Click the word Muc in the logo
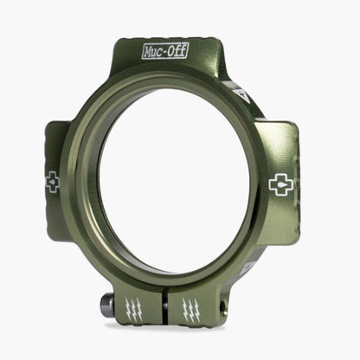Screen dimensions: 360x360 click(153, 52)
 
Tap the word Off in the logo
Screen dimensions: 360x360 click(176, 51)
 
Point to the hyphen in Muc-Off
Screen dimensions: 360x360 click(164, 52)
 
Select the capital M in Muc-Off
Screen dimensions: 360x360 click(148, 52)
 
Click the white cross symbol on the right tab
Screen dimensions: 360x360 click(280, 184)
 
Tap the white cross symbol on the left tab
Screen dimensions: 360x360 click(52, 182)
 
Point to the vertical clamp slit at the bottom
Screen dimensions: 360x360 click(165, 307)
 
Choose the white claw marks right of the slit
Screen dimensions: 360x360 click(190, 310)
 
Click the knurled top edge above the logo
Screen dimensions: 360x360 click(164, 39)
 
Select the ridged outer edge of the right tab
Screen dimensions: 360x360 click(297, 186)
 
